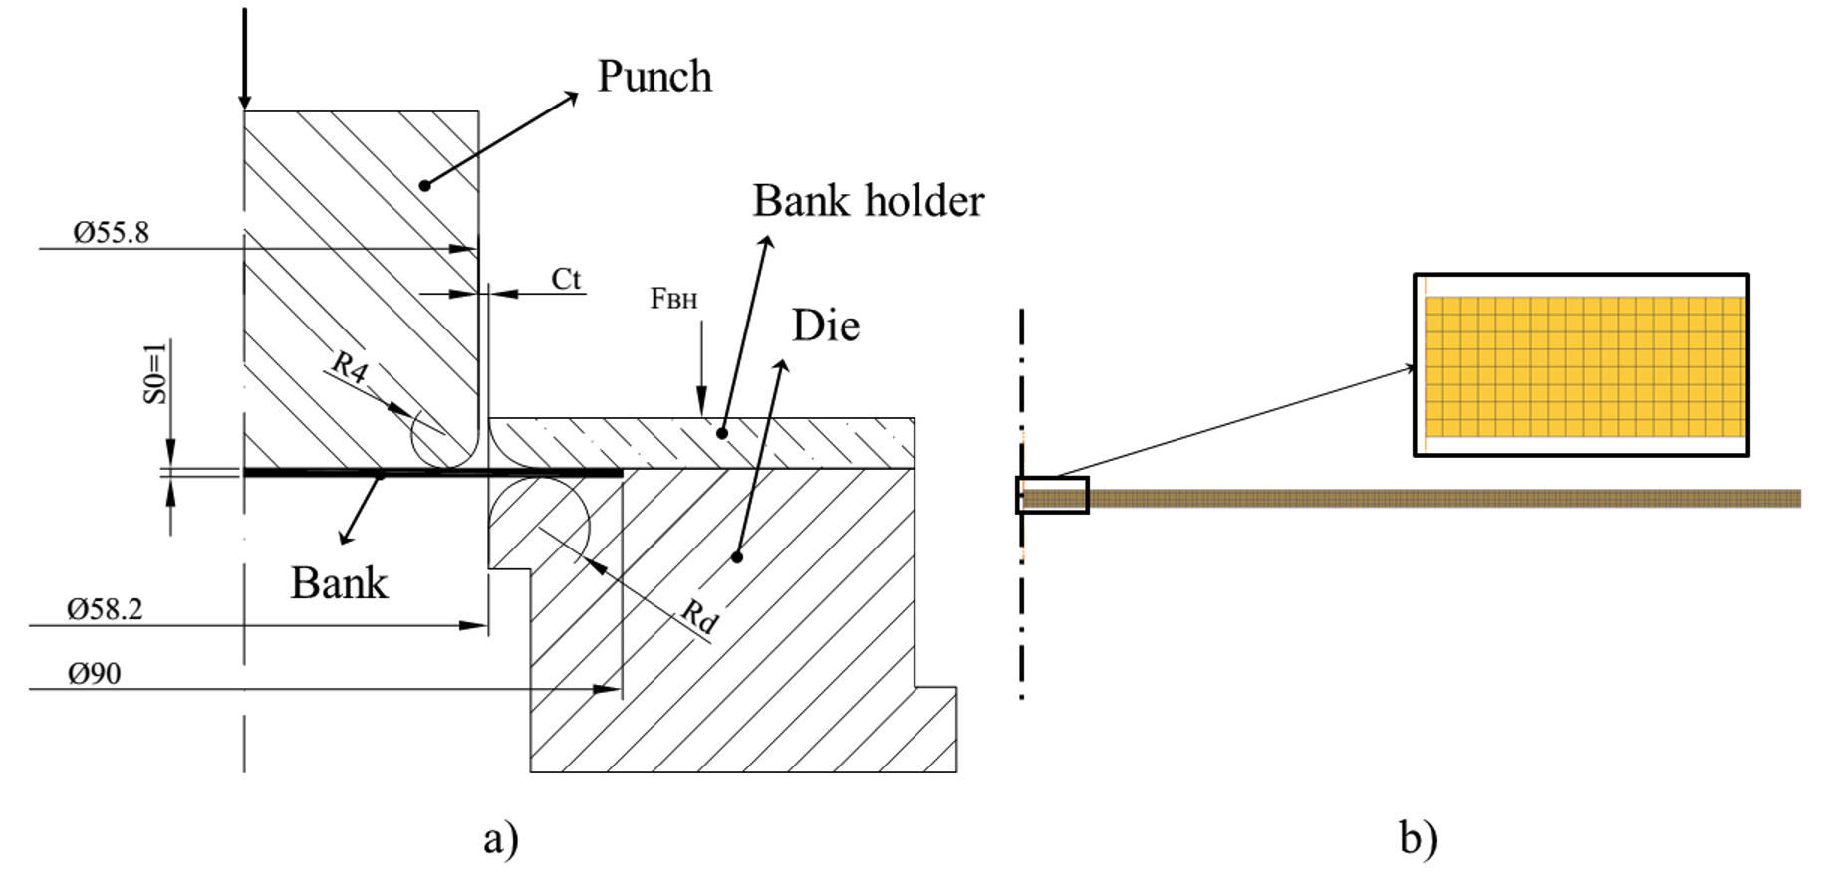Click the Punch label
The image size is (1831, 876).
coord(654,77)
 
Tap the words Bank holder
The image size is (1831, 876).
coord(868,201)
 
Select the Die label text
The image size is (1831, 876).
coord(825,326)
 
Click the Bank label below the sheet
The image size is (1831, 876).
coord(339,583)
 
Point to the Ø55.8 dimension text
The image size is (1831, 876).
coord(111,233)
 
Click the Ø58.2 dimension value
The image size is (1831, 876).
coord(105,609)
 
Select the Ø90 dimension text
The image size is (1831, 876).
coord(95,674)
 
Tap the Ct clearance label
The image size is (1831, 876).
coord(566,279)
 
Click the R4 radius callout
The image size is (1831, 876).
coord(350,366)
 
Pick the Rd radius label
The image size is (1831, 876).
coord(699,616)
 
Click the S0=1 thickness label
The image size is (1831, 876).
coord(155,373)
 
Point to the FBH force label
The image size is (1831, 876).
coord(673,299)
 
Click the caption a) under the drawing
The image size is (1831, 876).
coord(501,838)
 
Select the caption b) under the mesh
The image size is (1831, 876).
coord(1418,838)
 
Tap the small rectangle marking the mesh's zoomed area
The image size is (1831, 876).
coord(1052,495)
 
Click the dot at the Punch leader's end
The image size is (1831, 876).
coord(424,185)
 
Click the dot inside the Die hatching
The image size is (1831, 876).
coord(737,557)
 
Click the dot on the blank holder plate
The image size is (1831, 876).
coord(722,433)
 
